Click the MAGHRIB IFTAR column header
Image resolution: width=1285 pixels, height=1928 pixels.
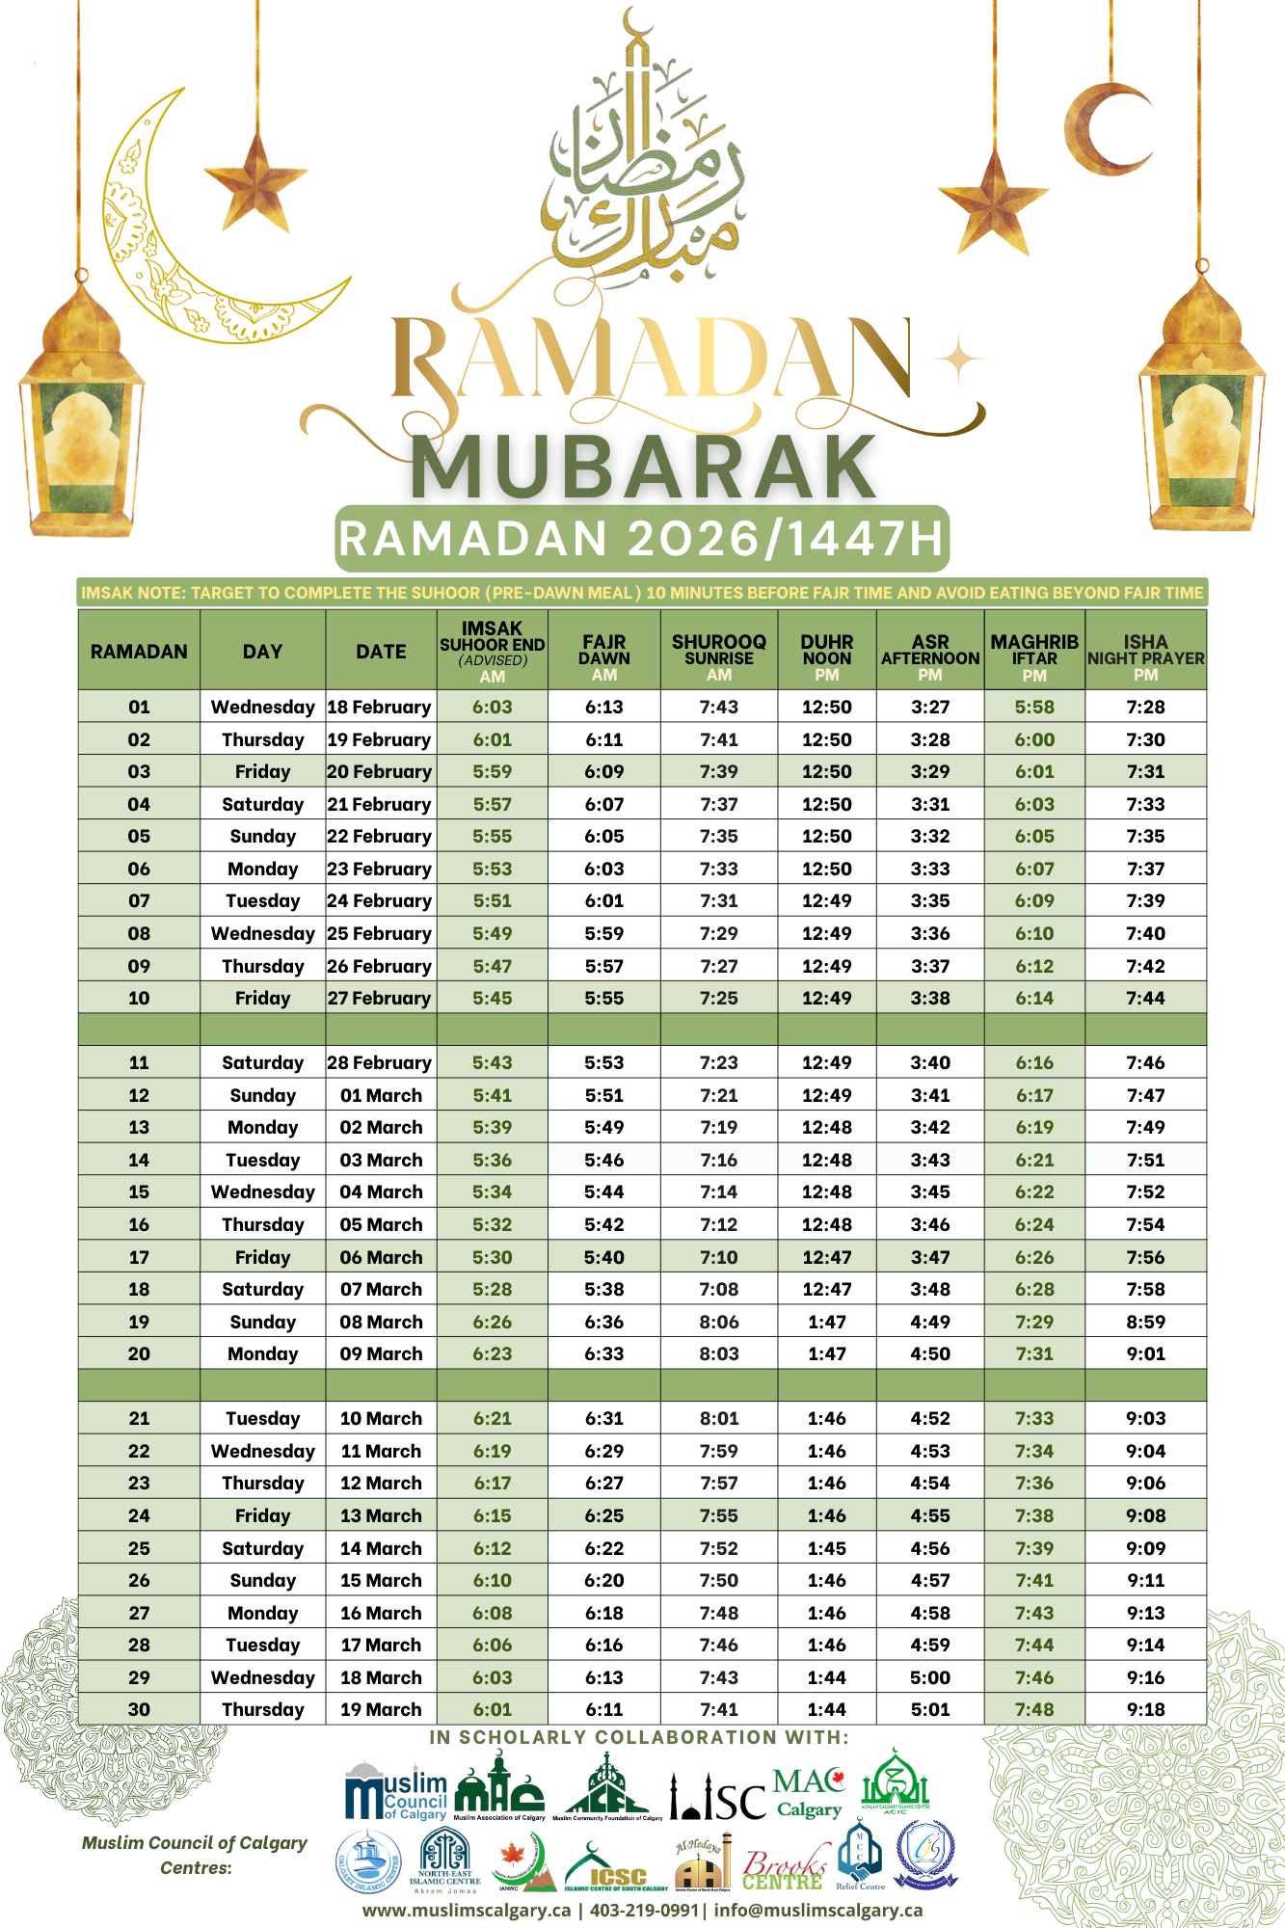pyautogui.click(x=1034, y=651)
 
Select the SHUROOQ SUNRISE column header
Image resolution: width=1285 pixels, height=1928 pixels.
pyautogui.click(x=719, y=651)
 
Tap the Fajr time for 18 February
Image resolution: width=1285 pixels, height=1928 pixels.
pyautogui.click(x=604, y=707)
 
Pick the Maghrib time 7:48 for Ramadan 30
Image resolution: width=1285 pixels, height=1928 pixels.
pyautogui.click(x=1034, y=1709)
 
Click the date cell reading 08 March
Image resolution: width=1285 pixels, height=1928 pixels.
pyautogui.click(x=381, y=1322)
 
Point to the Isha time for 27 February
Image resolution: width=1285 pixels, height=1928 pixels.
pyautogui.click(x=1145, y=998)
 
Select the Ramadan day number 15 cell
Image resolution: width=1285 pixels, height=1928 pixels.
pyautogui.click(x=139, y=1192)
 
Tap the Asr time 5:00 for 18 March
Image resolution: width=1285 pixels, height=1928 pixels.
pyautogui.click(x=930, y=1677)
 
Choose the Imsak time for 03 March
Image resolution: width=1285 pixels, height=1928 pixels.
pyautogui.click(x=493, y=1160)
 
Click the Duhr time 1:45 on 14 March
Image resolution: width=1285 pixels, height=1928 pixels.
pyautogui.click(x=827, y=1548)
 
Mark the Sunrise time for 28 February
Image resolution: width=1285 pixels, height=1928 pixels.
pyautogui.click(x=719, y=1062)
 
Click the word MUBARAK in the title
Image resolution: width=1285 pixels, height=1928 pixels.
pyautogui.click(x=643, y=468)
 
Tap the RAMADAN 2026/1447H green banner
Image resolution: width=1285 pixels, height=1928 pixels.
pyautogui.click(x=642, y=538)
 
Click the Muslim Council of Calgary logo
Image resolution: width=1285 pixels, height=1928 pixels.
pyautogui.click(x=396, y=1791)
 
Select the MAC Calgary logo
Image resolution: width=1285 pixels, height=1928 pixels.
pyautogui.click(x=809, y=1791)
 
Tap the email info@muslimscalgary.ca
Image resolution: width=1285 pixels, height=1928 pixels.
pyautogui.click(x=818, y=1910)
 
